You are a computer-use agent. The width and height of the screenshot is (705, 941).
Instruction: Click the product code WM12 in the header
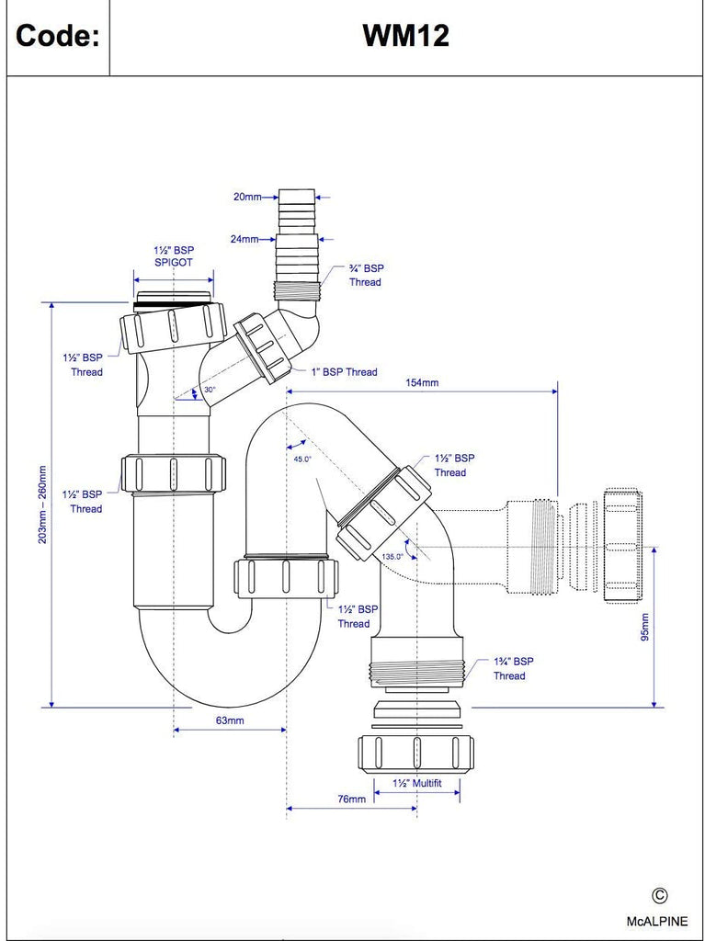[x=405, y=36]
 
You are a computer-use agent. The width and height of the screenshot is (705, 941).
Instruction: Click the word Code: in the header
[x=58, y=37]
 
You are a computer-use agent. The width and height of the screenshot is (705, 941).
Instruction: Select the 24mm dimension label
[x=244, y=239]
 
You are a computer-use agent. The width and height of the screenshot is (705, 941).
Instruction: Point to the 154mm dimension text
[x=420, y=382]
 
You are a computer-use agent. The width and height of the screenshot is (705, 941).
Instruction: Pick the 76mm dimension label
[x=350, y=799]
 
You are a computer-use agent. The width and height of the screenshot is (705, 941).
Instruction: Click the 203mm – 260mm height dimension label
[x=41, y=505]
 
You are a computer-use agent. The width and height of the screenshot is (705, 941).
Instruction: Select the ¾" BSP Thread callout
[x=365, y=275]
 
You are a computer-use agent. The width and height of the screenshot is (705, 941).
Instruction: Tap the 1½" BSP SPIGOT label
[x=173, y=255]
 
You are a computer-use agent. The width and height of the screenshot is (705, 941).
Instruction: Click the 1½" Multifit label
[x=417, y=783]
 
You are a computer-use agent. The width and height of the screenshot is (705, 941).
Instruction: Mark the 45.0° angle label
[x=302, y=458]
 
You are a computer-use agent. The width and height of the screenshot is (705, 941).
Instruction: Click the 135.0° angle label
[x=392, y=557]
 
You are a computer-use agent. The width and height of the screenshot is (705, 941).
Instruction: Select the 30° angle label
[x=210, y=391]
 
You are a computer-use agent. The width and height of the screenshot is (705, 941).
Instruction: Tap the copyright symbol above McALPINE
[x=659, y=896]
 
